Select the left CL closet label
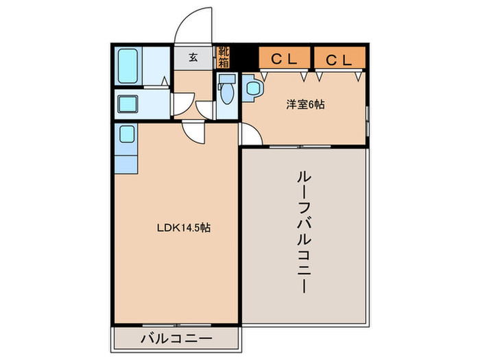coord(284,60)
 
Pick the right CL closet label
coord(339,60)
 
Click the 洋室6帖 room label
coord(305,105)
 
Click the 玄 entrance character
coord(193,58)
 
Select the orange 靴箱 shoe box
coord(224,57)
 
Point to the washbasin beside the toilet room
coord(252,88)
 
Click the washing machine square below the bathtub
coord(128,105)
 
